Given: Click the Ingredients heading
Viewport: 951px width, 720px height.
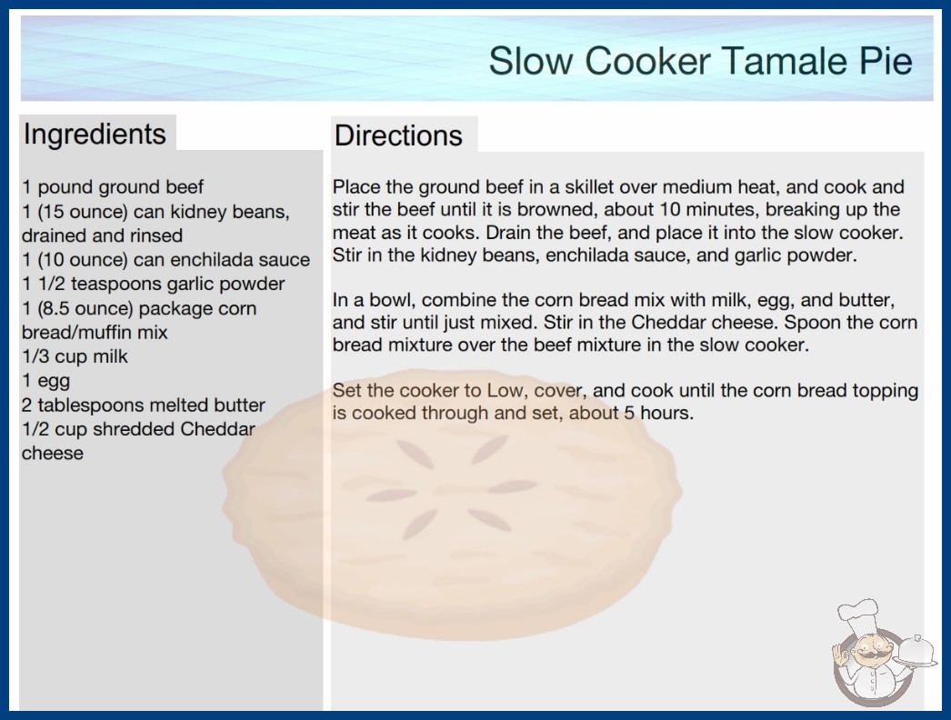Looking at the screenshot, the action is tap(95, 135).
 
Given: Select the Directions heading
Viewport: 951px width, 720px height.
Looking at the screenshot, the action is tap(398, 135).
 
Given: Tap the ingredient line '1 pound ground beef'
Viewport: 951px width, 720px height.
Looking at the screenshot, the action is tap(113, 187).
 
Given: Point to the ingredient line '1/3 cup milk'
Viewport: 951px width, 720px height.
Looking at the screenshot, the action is tap(75, 356).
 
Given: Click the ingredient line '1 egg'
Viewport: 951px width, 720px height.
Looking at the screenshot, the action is tap(46, 382).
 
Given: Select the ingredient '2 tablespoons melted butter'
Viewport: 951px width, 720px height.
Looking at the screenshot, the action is tap(144, 405).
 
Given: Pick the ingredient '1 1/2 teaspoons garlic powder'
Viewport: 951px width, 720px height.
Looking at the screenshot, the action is tap(154, 285).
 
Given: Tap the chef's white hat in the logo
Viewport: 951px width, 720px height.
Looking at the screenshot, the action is tap(859, 615).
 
